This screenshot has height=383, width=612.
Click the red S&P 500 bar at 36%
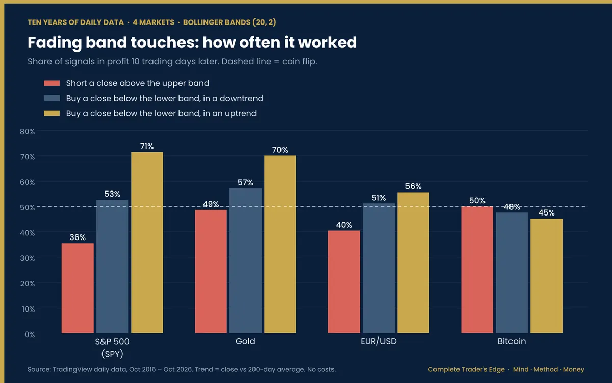point(78,288)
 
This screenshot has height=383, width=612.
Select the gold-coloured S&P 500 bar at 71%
point(147,243)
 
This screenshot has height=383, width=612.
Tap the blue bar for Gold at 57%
point(245,261)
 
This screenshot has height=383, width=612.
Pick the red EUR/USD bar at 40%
point(344,282)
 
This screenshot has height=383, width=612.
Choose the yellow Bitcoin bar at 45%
point(546,276)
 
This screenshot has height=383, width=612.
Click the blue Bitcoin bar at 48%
point(512,273)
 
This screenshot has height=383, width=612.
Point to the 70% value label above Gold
point(280,150)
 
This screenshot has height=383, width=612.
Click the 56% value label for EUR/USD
point(413,186)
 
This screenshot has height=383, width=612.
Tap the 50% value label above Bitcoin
point(477,201)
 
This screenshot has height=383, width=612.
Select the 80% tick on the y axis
point(28,132)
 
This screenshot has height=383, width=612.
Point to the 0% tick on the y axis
point(30,334)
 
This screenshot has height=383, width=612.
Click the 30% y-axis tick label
point(28,258)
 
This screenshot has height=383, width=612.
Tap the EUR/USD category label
point(378,341)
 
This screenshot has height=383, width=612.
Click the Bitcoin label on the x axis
point(512,341)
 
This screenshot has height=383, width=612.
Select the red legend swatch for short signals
point(52,83)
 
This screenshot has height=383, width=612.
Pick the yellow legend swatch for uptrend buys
point(52,113)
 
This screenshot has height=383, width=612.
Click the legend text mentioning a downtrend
point(164,98)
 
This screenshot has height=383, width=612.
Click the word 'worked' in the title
point(327,43)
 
